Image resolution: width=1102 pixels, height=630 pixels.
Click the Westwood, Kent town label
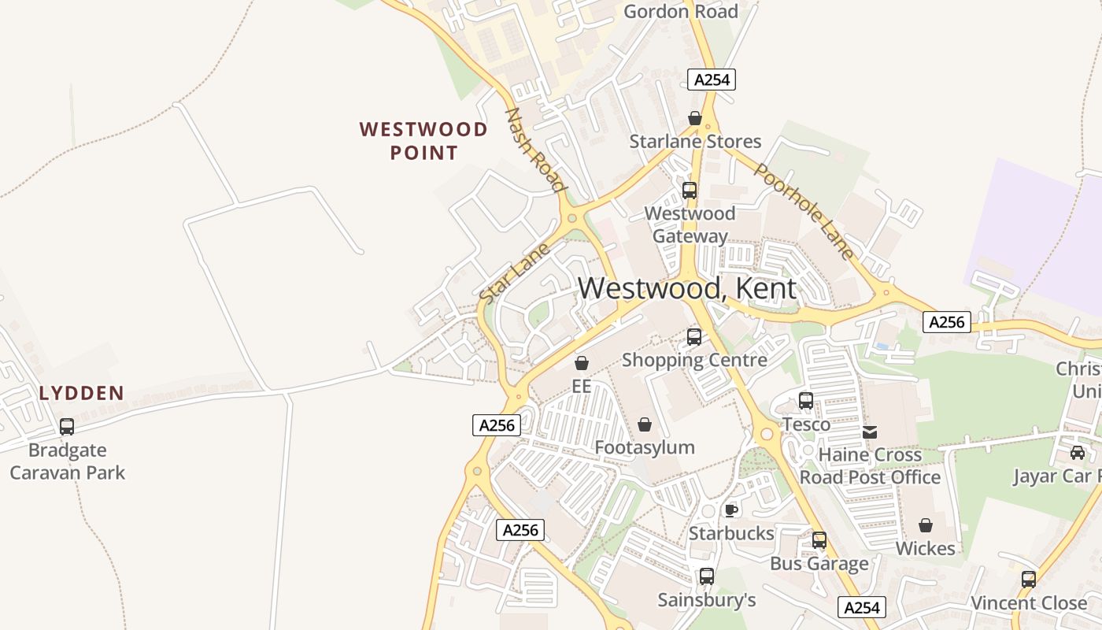click(686, 288)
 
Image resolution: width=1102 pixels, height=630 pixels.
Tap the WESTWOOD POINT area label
click(423, 141)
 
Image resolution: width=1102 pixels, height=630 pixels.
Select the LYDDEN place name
click(82, 393)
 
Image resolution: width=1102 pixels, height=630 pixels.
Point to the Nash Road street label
click(535, 150)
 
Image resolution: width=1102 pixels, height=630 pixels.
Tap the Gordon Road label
click(680, 11)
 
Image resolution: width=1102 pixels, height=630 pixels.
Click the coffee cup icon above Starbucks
click(731, 510)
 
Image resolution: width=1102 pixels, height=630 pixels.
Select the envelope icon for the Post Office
click(870, 432)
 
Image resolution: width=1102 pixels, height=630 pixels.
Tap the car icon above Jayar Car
click(1078, 453)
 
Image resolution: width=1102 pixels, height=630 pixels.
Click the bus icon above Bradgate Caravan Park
click(67, 427)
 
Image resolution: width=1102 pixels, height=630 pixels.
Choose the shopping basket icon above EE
click(582, 363)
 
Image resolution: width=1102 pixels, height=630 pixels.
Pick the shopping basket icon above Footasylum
click(645, 424)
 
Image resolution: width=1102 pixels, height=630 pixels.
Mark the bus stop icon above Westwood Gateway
click(690, 190)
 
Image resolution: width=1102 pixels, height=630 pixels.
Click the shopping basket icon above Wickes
click(926, 524)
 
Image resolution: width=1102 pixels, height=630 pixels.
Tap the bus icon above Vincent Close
click(1029, 579)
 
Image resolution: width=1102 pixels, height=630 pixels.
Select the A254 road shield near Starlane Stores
click(711, 80)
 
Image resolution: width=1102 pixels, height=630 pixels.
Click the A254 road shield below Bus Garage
click(862, 607)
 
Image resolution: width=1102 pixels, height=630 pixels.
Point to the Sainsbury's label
click(706, 600)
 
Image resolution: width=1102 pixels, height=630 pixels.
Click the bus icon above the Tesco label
click(806, 400)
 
